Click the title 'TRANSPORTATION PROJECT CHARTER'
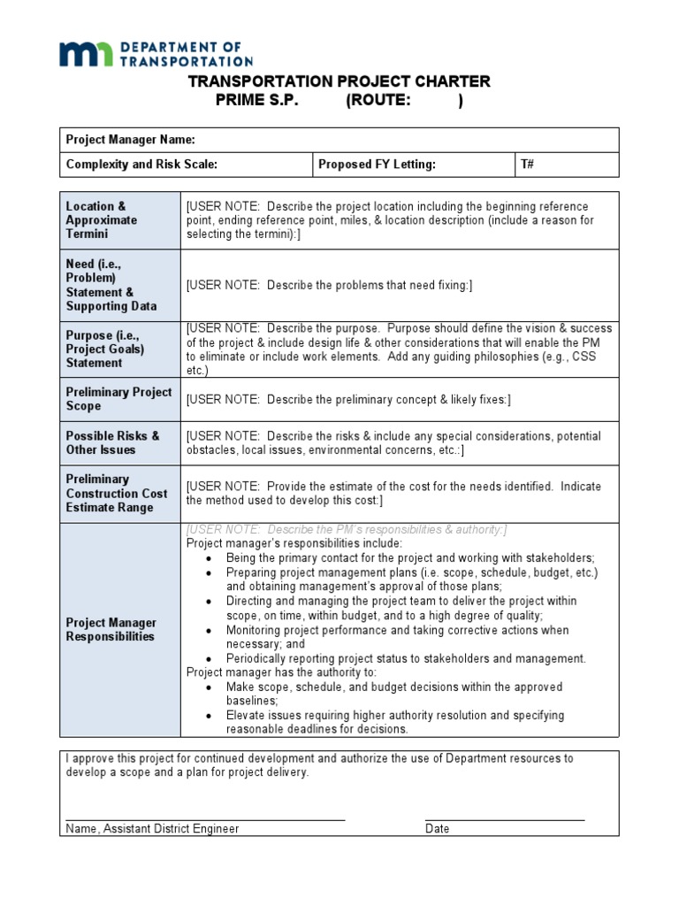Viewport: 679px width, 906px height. pyautogui.click(x=339, y=82)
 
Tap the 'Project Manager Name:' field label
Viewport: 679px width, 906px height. pyautogui.click(x=130, y=140)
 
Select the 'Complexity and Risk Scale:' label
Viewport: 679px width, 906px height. pyautogui.click(x=141, y=164)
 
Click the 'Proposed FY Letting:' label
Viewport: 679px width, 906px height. pyautogui.click(x=377, y=164)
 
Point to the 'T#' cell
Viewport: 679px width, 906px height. pyautogui.click(x=528, y=164)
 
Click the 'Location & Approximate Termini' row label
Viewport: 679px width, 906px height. pyautogui.click(x=102, y=219)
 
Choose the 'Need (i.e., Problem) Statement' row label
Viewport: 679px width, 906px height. pyautogui.click(x=111, y=285)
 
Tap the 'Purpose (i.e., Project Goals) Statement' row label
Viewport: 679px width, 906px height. pyautogui.click(x=105, y=349)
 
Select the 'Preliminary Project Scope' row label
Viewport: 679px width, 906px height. pyautogui.click(x=118, y=399)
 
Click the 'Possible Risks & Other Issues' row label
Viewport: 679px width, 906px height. pyautogui.click(x=112, y=442)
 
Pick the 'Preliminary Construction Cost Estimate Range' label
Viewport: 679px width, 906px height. pyautogui.click(x=116, y=493)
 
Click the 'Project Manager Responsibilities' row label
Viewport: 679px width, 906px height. pyautogui.click(x=111, y=630)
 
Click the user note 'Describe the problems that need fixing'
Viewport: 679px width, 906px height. pyautogui.click(x=329, y=285)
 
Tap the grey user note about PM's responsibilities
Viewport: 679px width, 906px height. pyautogui.click(x=347, y=529)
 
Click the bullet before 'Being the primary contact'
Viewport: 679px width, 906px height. pyautogui.click(x=207, y=558)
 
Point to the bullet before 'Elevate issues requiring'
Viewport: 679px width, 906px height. pyautogui.click(x=207, y=715)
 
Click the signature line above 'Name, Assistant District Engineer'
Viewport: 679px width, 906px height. pyautogui.click(x=205, y=820)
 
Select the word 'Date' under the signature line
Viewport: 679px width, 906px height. pyautogui.click(x=437, y=829)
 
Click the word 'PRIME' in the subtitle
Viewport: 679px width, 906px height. pyautogui.click(x=239, y=101)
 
